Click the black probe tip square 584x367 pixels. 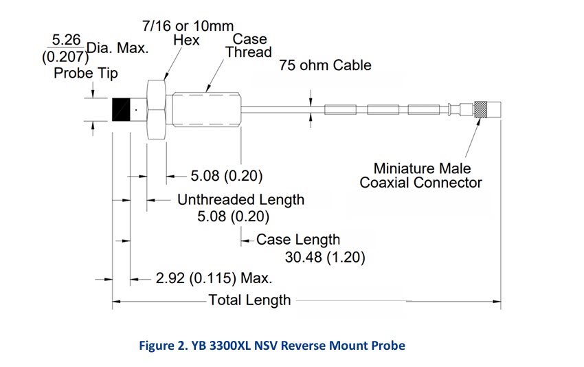tap(121, 109)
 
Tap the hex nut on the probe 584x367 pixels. tap(157, 109)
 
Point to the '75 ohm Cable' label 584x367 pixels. tap(325, 65)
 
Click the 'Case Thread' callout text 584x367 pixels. tap(249, 45)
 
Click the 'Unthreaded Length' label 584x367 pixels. tap(240, 200)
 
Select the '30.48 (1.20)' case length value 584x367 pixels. tap(324, 258)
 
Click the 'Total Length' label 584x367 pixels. tap(249, 300)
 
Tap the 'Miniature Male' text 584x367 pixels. tap(422, 168)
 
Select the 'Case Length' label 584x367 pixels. tap(297, 240)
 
